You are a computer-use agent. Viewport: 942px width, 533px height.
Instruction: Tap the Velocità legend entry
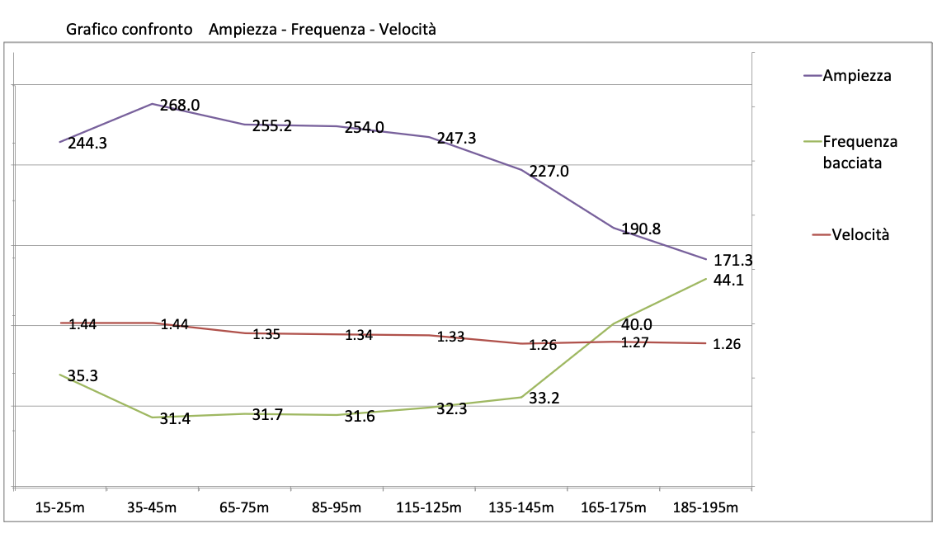860,234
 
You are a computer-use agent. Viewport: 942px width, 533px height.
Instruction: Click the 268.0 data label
180,106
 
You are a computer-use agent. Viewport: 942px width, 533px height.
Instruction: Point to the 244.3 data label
87,143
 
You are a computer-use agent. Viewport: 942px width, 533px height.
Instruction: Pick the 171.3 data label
732,260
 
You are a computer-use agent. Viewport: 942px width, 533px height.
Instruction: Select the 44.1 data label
728,280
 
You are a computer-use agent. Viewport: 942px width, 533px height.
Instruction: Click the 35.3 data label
83,376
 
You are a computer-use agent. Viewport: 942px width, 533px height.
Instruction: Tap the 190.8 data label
641,229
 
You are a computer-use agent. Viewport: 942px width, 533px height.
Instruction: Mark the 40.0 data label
636,325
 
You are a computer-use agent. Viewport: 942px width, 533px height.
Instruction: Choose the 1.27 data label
635,342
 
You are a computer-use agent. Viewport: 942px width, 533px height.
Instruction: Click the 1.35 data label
266,334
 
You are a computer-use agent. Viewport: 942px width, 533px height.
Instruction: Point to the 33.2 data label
544,399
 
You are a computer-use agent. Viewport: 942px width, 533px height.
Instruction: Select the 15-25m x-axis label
60,507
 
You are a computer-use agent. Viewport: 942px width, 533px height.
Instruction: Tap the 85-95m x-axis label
336,507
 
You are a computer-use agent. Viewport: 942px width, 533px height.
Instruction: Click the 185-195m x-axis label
705,507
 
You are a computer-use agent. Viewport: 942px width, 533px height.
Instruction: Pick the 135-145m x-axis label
521,507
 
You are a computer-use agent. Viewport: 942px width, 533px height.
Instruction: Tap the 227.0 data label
549,172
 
